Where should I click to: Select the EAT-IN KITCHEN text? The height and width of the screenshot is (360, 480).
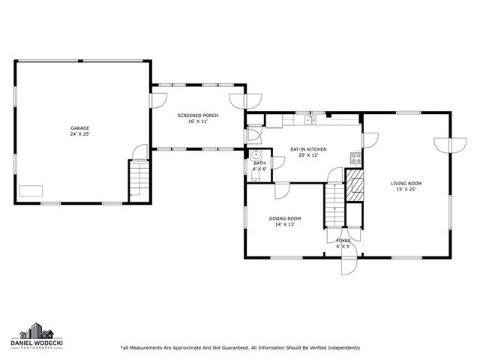point(308,150)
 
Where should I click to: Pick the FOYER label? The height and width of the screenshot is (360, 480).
point(343,241)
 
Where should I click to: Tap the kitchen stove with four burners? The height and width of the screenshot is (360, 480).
point(356,157)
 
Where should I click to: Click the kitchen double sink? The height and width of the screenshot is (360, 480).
point(310,119)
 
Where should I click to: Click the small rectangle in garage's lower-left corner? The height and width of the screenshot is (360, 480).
point(31,190)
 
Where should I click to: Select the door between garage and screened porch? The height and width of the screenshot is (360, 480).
point(137,153)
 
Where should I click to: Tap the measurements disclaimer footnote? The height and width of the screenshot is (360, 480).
point(240,347)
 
